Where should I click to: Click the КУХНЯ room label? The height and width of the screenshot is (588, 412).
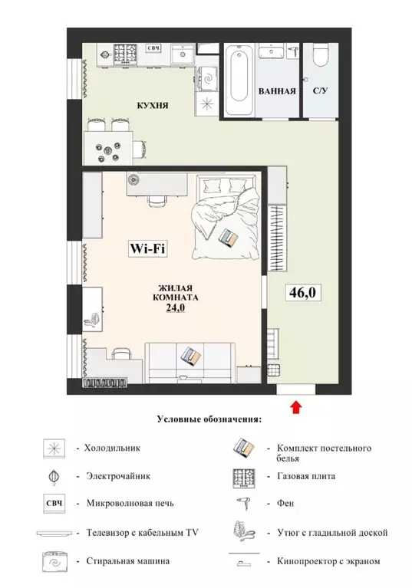tap(153, 106)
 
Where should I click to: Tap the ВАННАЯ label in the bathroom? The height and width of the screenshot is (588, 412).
tap(277, 91)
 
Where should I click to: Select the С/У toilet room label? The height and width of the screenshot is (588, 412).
tap(321, 91)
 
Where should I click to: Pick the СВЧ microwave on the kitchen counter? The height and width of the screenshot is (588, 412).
tap(153, 51)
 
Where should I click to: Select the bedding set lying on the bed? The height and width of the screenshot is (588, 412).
tap(229, 237)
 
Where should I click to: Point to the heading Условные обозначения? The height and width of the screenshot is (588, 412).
tap(209, 419)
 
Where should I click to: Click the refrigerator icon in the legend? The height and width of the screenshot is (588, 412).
tap(56, 448)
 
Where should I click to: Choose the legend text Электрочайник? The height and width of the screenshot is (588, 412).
tap(117, 475)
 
